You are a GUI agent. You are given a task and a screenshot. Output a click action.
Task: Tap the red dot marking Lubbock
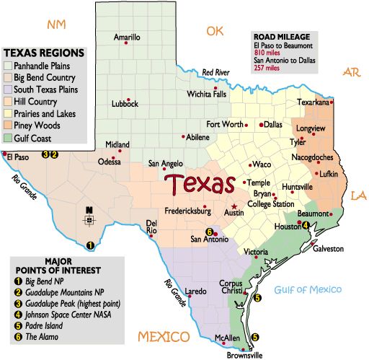click(x=128, y=100)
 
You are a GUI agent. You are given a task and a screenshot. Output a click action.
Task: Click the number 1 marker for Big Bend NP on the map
click(x=89, y=245)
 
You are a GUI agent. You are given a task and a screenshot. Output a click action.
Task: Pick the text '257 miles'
click(x=267, y=70)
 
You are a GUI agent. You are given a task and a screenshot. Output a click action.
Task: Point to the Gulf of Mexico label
click(x=307, y=290)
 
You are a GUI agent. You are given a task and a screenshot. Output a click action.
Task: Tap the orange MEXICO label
click(x=164, y=337)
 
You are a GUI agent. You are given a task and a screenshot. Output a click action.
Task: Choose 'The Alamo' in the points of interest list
click(x=40, y=336)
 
